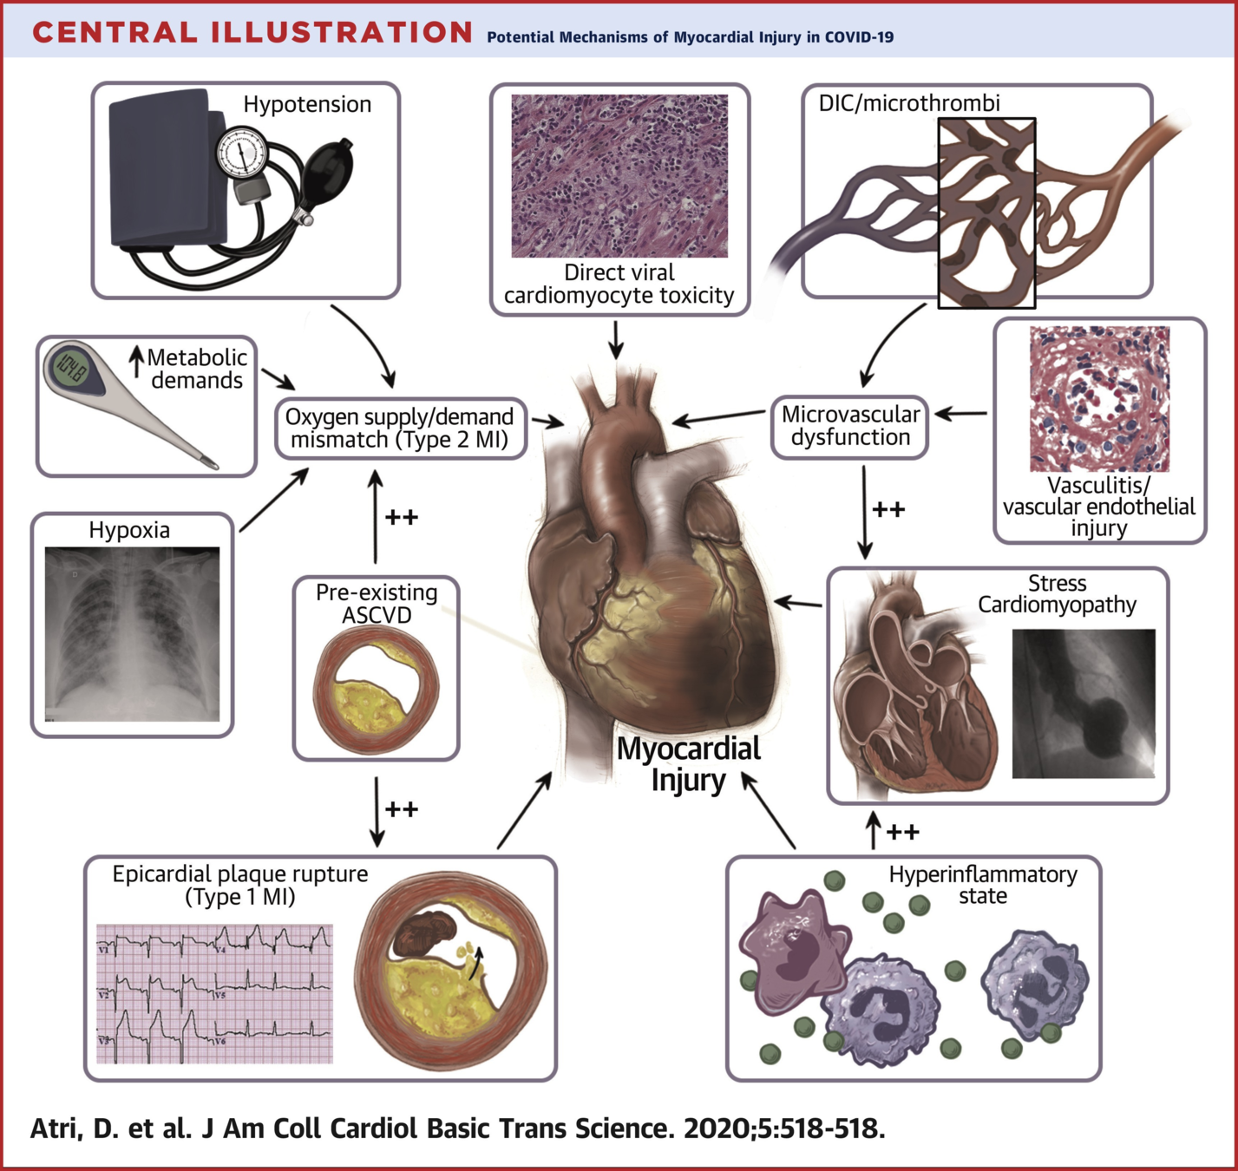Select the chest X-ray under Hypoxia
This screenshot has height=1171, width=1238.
pyautogui.click(x=133, y=633)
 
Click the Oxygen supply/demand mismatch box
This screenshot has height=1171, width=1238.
pyautogui.click(x=400, y=428)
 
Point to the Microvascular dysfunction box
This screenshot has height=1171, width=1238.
pyautogui.click(x=850, y=426)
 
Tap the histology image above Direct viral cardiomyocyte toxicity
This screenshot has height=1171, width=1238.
pyautogui.click(x=619, y=176)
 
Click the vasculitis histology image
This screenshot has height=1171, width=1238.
pyautogui.click(x=1099, y=399)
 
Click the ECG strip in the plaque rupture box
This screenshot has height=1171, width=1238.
pyautogui.click(x=214, y=993)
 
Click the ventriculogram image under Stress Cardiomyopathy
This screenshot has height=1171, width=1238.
pyautogui.click(x=1084, y=703)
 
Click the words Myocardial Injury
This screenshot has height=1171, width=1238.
pyautogui.click(x=689, y=764)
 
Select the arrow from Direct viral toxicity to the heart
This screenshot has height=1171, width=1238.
pyautogui.click(x=616, y=339)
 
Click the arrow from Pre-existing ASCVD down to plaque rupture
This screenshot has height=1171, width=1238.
pyautogui.click(x=377, y=812)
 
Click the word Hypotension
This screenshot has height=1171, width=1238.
pyautogui.click(x=307, y=104)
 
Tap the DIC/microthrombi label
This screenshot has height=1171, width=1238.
pyautogui.click(x=909, y=103)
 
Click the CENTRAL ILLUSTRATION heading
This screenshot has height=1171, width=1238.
pyautogui.click(x=252, y=33)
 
